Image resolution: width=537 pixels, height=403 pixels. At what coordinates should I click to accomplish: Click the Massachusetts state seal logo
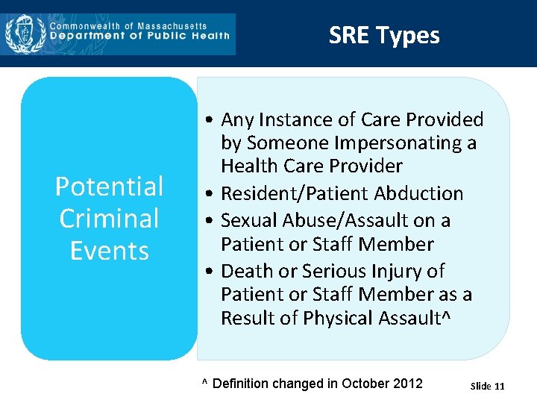pyautogui.click(x=26, y=34)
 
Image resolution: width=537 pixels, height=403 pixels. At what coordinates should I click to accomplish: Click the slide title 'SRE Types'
pyautogui.click(x=384, y=35)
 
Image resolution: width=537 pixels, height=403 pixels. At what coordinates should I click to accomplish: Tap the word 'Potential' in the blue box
pyautogui.click(x=110, y=186)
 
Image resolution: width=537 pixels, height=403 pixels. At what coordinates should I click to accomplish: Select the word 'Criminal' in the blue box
pyautogui.click(x=110, y=219)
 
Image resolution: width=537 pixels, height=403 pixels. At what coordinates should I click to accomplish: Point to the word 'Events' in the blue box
pyautogui.click(x=110, y=251)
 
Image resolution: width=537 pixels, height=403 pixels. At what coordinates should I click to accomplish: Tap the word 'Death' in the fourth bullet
pyautogui.click(x=248, y=271)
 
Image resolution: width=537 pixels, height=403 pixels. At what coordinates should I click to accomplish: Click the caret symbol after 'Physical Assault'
pyautogui.click(x=446, y=317)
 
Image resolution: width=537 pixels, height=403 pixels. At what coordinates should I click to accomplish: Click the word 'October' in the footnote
pyautogui.click(x=364, y=384)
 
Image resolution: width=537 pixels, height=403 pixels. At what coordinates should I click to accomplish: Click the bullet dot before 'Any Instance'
pyautogui.click(x=212, y=120)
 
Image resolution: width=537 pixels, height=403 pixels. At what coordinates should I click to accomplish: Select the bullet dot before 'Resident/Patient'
pyautogui.click(x=212, y=194)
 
